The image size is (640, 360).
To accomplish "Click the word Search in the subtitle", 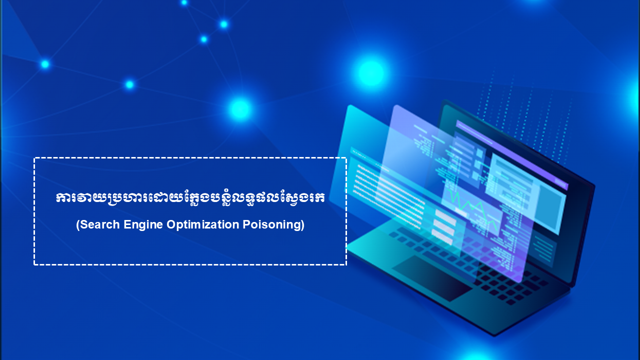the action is coord(99,224).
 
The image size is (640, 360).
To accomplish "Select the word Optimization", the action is coord(203,225).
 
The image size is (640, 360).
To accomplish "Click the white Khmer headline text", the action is coord(190,197).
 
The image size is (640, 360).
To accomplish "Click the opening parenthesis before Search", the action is coord(77,225).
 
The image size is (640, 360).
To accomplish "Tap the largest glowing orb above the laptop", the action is coord(371,73).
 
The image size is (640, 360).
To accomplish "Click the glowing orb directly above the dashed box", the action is coord(240,109).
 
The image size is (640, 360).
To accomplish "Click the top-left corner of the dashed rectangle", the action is coord(34,158).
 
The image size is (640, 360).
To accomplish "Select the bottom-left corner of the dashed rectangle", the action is coord(34,264).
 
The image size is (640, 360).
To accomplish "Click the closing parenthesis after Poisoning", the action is coord(302,225).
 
